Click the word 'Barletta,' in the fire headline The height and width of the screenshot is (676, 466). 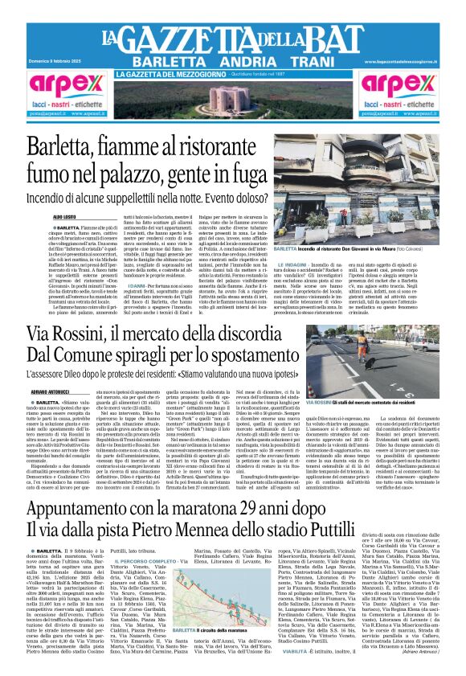[x=72, y=150]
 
